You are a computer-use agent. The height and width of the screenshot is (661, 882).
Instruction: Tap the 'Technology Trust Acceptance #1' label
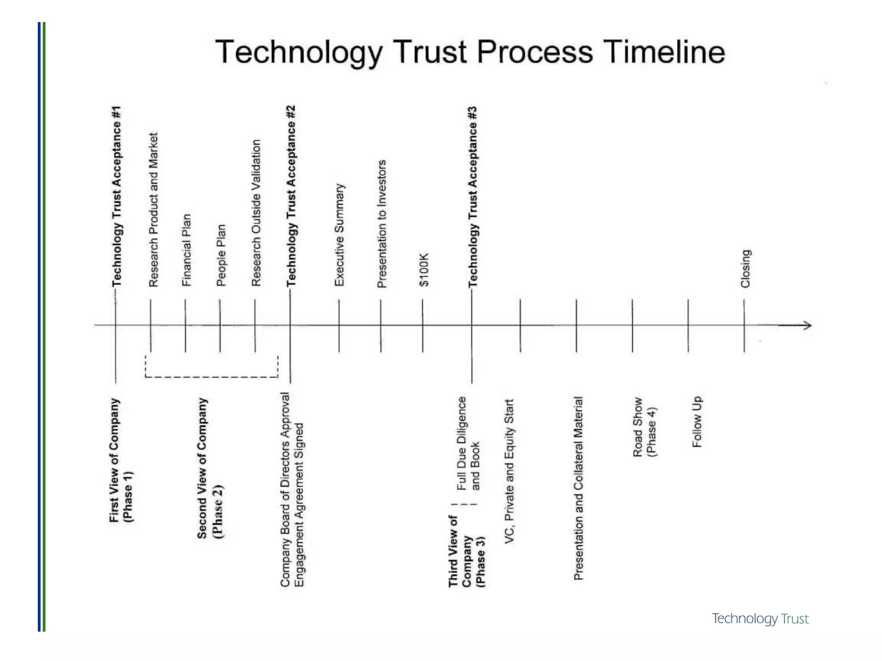click(x=117, y=196)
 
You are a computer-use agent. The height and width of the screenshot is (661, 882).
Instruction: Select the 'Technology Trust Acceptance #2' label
click(x=292, y=196)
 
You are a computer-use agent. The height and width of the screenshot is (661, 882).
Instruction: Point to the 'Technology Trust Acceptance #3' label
click(x=473, y=197)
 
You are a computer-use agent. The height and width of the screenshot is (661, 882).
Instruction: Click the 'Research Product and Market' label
click(x=153, y=210)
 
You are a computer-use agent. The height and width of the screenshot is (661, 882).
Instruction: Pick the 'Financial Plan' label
click(x=186, y=250)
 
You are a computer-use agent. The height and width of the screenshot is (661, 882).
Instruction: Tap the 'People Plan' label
click(x=221, y=255)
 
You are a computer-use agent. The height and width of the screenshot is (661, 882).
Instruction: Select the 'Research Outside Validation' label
click(x=256, y=213)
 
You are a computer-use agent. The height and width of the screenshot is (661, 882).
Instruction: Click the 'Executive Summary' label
click(x=339, y=235)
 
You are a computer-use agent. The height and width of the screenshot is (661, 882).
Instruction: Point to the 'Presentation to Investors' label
click(x=382, y=224)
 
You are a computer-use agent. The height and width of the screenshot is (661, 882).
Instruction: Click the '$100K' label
click(x=424, y=270)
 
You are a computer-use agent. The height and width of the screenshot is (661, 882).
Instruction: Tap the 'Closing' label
click(x=745, y=269)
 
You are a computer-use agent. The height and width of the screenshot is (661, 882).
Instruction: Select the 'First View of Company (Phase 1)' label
click(x=121, y=460)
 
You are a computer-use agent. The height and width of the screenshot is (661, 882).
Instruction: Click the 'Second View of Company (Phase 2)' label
click(x=210, y=468)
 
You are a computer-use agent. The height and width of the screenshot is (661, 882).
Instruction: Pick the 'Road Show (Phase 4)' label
click(x=644, y=427)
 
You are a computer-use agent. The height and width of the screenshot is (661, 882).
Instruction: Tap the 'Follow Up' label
click(x=697, y=422)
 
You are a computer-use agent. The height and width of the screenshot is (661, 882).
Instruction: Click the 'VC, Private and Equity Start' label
click(x=509, y=471)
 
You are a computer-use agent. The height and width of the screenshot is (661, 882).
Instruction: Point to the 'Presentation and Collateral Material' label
click(x=578, y=488)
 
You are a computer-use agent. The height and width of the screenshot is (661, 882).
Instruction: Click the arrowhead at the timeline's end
click(x=807, y=325)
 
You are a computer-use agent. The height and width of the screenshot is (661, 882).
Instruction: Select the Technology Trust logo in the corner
click(x=760, y=618)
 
